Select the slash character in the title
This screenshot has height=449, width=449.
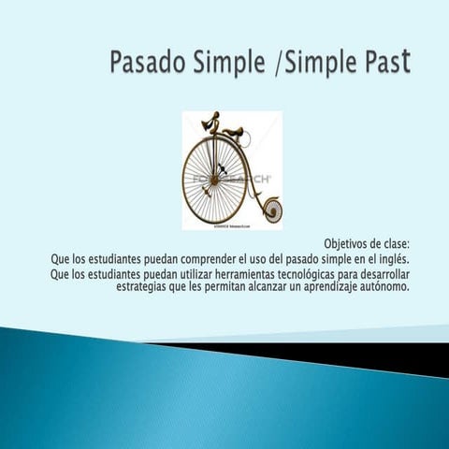[278, 65]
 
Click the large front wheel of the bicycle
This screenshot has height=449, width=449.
[214, 178]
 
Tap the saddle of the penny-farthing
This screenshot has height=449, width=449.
[235, 130]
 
